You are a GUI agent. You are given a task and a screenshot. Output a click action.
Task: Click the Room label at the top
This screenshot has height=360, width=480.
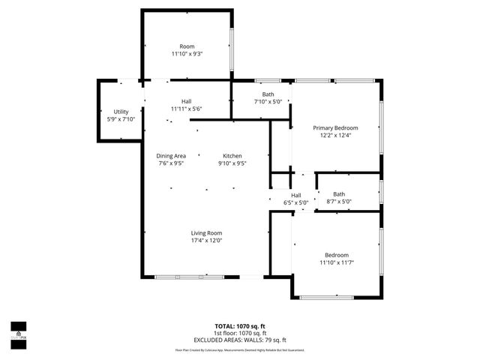[187, 46]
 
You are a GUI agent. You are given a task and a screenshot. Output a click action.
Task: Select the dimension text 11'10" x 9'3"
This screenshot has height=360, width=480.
[187, 54]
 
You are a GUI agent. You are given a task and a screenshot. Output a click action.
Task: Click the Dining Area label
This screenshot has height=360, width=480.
[171, 155]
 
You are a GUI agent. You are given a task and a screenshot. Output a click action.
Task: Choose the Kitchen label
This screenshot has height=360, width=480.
[232, 155]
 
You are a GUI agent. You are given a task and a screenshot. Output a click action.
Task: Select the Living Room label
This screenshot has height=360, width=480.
[206, 232]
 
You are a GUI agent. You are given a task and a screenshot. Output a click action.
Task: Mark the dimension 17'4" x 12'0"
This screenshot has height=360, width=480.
[206, 240]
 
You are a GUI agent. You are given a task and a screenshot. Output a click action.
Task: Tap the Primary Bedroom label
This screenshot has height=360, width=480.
[335, 128]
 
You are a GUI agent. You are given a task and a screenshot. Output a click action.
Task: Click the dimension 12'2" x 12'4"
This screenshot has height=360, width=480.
[335, 136]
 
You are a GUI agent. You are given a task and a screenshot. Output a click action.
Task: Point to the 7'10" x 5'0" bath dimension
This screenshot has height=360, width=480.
[268, 102]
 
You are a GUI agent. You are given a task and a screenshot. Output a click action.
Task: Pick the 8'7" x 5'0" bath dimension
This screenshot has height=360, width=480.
[339, 201]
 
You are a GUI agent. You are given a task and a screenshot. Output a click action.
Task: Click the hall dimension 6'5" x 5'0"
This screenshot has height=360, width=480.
[296, 202]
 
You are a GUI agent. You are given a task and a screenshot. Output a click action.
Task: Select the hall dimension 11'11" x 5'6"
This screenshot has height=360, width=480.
[187, 109]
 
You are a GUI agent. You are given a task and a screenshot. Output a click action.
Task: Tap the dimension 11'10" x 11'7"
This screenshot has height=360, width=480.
[335, 262]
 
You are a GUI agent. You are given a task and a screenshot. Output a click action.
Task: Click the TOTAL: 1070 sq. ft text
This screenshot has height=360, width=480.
[239, 326]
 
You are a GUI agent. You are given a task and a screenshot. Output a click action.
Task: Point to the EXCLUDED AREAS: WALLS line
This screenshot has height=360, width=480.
[239, 340]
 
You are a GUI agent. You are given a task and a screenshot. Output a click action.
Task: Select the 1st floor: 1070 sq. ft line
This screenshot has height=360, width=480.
[239, 333]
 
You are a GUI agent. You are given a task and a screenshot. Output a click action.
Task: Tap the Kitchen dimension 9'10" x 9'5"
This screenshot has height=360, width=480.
[232, 163]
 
